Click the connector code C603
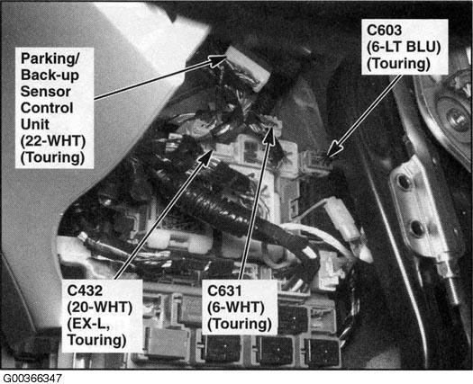(x=385, y=31)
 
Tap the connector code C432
(x=85, y=290)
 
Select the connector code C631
(x=224, y=290)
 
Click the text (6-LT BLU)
(x=404, y=47)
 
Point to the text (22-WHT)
(x=53, y=141)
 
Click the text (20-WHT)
(x=100, y=308)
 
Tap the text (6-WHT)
(x=236, y=308)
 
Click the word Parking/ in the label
(x=50, y=58)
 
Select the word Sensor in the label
(x=46, y=92)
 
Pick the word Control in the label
(x=47, y=108)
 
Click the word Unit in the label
(x=35, y=124)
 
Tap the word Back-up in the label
(x=50, y=76)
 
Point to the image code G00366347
(x=32, y=379)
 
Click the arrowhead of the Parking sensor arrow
(x=219, y=59)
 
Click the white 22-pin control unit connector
(x=248, y=67)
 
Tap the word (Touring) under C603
(x=399, y=64)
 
